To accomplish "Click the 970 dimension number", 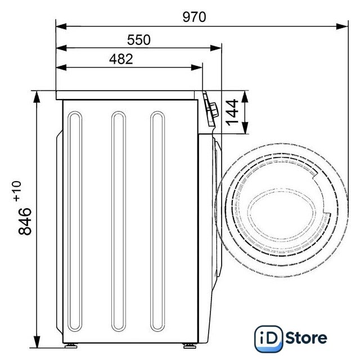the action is [x=194, y=17].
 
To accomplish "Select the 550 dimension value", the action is [x=139, y=40].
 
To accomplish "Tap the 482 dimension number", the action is [x=121, y=59].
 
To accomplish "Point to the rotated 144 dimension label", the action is [x=232, y=112].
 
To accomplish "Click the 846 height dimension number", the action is [x=25, y=221].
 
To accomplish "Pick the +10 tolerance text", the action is [x=17, y=191].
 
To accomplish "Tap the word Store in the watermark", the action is [x=307, y=338].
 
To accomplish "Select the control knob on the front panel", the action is [x=214, y=110].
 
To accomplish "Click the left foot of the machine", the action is [x=71, y=345].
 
